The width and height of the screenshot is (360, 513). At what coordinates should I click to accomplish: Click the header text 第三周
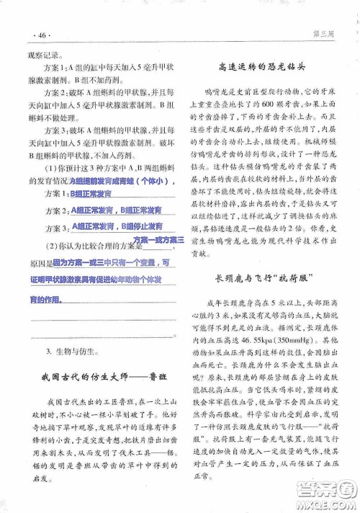[325, 34]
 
